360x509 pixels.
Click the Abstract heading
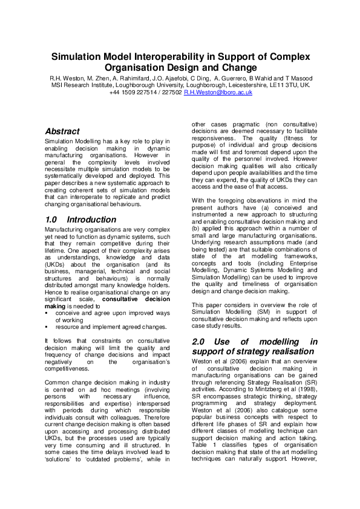[x=62, y=131]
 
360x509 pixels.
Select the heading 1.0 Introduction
[x=80, y=219]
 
